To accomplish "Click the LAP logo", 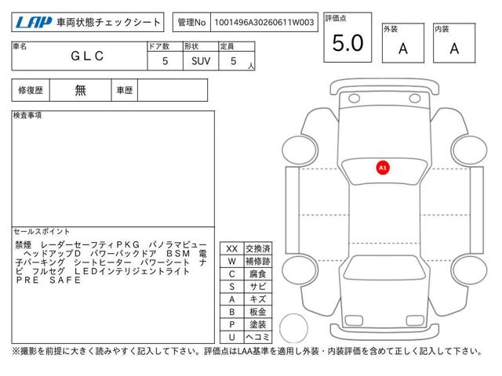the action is coord(34,23).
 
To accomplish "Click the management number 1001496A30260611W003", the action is coord(264,23).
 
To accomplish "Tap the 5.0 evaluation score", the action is coord(348,43).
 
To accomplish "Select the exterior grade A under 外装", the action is coord(403,49).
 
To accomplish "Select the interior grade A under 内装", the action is coord(454,49).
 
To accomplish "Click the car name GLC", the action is coord(87,56).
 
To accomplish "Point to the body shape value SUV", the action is coord(201,61).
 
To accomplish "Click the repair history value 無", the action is coord(80,90).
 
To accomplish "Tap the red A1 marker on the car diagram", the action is coord(383,168).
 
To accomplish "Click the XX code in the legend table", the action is coord(232,249).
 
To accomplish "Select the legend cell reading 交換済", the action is coord(258,249).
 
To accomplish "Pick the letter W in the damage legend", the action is coord(232,262).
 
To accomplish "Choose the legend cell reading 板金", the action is coord(258,312).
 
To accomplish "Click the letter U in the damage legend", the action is coord(232,337).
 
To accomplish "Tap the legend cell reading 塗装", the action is coord(258,324).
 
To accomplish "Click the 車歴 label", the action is coord(125,90).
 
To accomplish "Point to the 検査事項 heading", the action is coord(27,115).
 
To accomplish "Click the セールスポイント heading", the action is coord(42,231).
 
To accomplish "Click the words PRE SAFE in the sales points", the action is coord(49,280).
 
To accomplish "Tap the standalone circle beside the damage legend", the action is coord(293,314).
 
